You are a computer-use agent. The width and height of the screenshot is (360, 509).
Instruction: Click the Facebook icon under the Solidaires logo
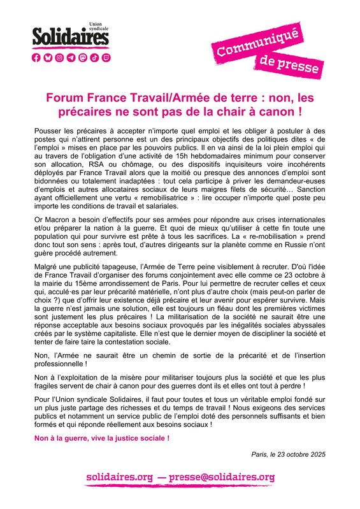pos(37,57)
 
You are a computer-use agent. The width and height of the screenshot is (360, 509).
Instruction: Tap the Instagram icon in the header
pos(59,57)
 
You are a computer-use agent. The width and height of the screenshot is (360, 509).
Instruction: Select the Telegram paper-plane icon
pos(71,57)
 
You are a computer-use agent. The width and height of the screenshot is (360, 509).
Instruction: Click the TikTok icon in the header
pos(94,57)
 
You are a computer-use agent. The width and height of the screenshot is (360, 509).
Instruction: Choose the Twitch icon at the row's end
pos(105,57)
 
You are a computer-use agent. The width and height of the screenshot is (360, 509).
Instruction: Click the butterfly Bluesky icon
pos(48,57)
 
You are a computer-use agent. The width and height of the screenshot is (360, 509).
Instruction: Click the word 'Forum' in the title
pos(63,99)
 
